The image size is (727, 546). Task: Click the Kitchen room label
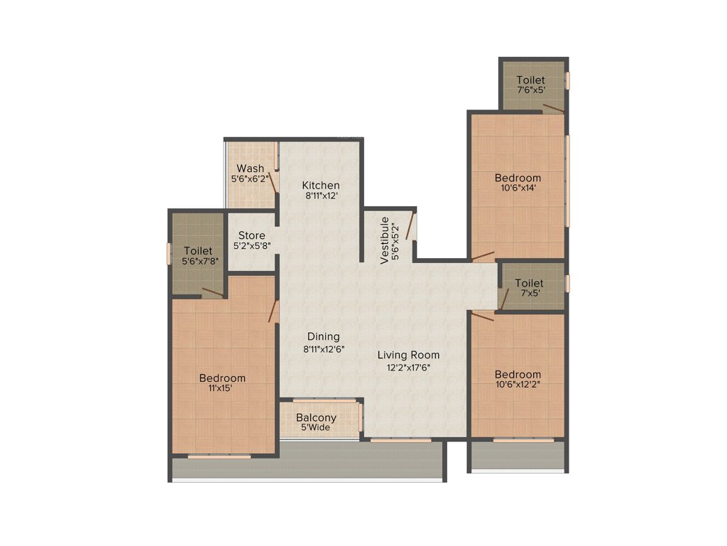[x=320, y=186]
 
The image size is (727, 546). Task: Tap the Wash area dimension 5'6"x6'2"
[x=250, y=180]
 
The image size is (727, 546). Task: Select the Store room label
[x=251, y=235]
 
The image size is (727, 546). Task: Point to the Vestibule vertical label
[x=385, y=240]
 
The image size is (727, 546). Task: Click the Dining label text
[x=323, y=336]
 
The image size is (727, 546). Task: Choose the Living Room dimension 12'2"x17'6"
[x=408, y=368]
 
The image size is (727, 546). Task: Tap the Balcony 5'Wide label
[x=317, y=422]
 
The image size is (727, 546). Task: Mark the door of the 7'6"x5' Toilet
[x=553, y=108]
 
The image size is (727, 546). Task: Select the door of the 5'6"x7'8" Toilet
[x=212, y=291]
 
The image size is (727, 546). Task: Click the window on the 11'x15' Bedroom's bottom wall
[x=219, y=456]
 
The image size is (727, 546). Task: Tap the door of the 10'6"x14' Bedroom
[x=483, y=255]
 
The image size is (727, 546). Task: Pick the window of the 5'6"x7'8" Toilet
[x=168, y=254]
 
